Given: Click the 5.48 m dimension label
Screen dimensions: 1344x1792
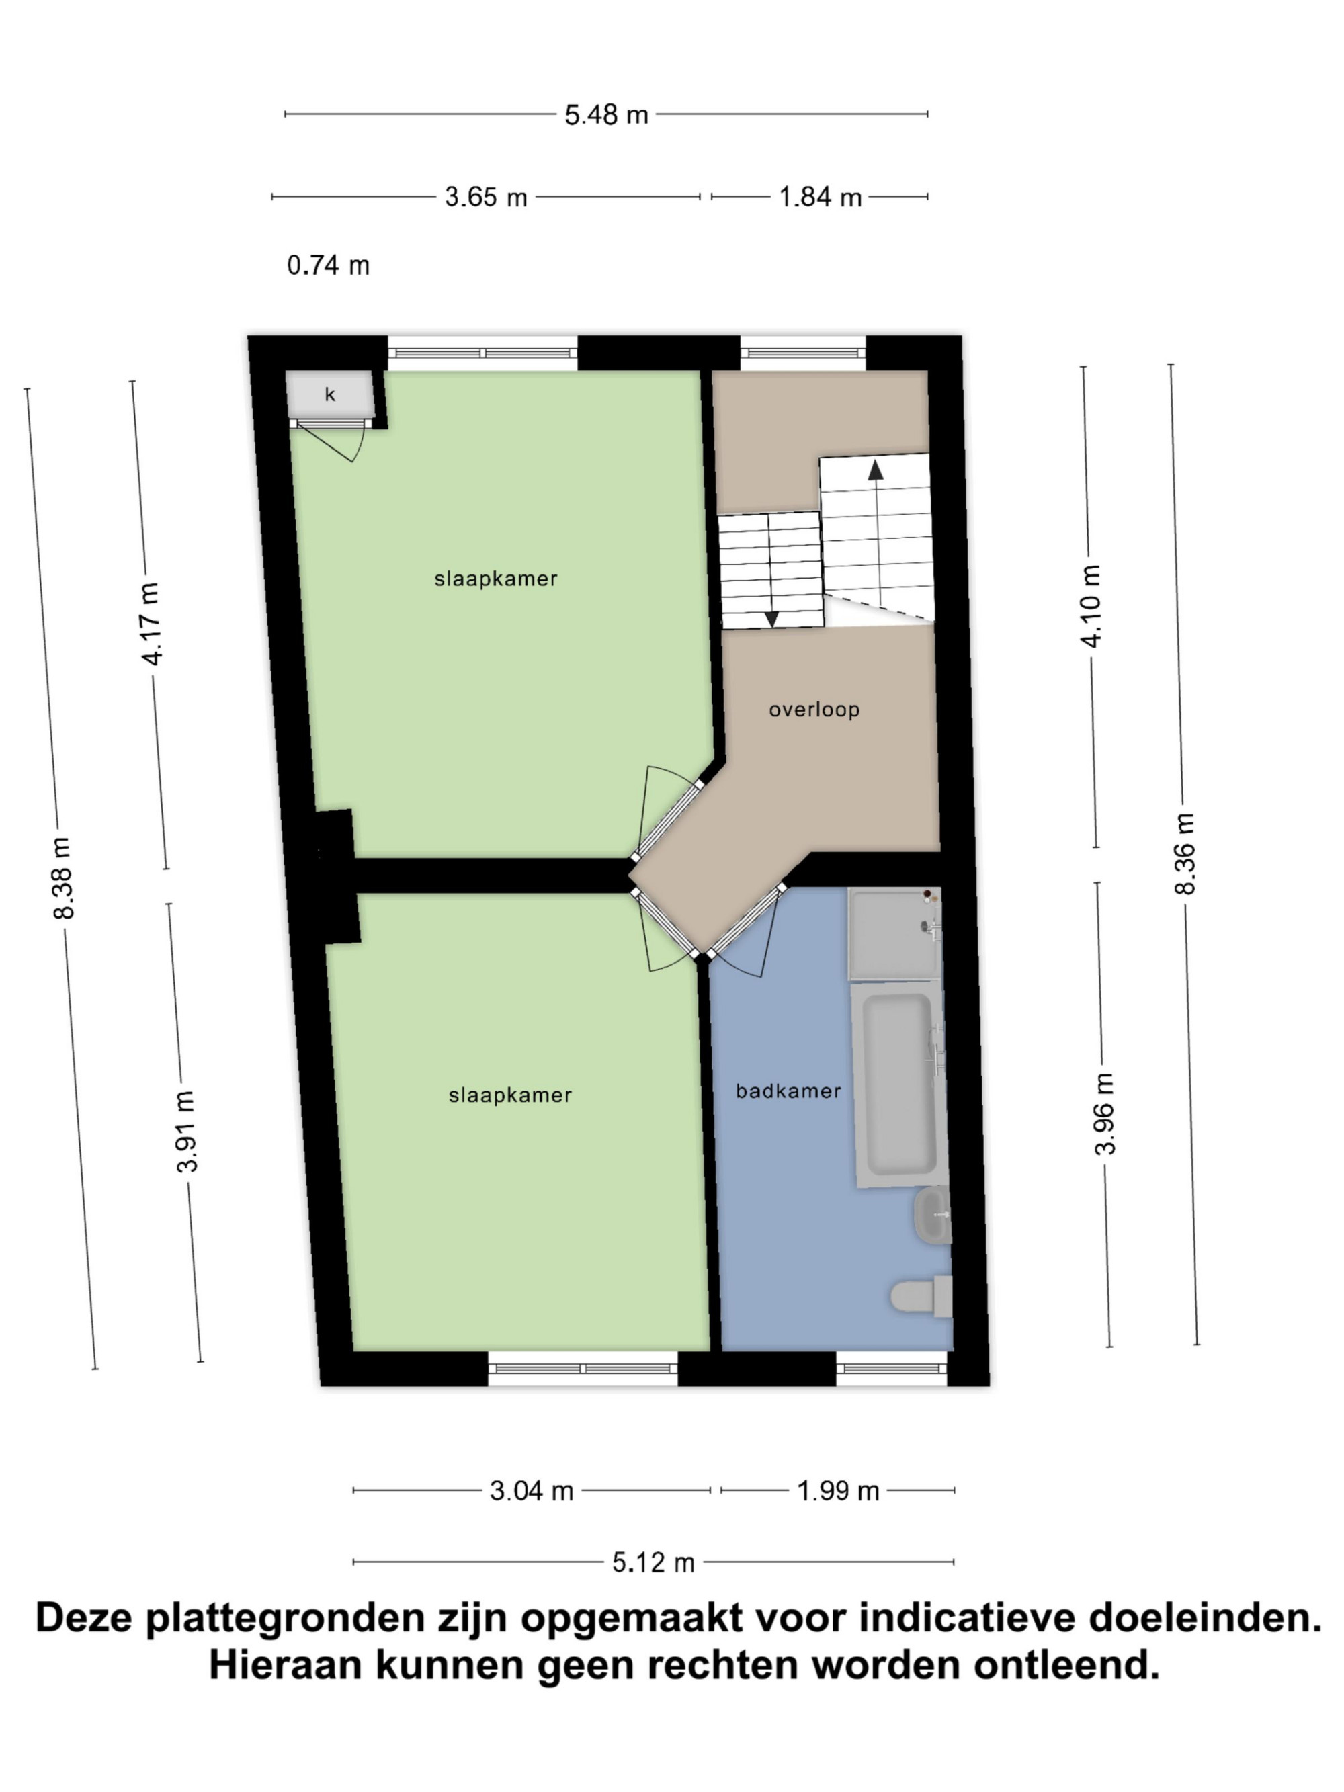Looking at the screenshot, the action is [x=606, y=115].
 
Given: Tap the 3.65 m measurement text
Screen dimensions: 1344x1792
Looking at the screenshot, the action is [x=486, y=197].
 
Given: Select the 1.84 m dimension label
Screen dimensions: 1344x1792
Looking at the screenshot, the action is [x=820, y=197].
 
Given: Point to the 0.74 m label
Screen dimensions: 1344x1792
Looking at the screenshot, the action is [x=328, y=265].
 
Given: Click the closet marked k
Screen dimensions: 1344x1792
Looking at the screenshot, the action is [x=330, y=394].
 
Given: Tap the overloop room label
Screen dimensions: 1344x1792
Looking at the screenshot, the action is [x=814, y=710].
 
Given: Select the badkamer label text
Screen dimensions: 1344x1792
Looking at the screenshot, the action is [x=788, y=1091].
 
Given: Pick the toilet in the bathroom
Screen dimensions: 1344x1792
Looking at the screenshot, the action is [x=922, y=1295].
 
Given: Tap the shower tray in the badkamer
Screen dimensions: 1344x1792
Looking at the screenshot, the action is [x=895, y=933].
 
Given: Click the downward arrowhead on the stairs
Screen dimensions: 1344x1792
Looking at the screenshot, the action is [x=772, y=619].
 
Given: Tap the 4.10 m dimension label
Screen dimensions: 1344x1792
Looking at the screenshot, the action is [x=1091, y=606].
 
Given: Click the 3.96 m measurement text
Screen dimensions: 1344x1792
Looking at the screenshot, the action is [x=1105, y=1114].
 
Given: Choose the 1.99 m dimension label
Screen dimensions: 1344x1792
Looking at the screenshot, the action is [x=838, y=1490].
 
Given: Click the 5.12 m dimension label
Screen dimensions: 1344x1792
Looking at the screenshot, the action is [x=653, y=1562].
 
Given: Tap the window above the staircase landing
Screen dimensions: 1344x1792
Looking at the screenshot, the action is [x=804, y=353].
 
